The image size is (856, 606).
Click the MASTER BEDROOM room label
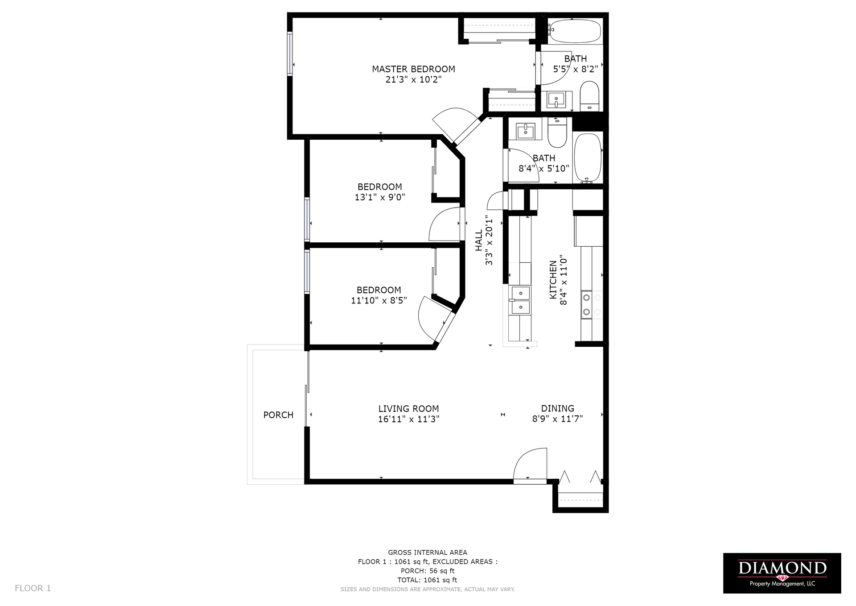pyautogui.click(x=413, y=69)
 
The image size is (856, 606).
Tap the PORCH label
pyautogui.click(x=278, y=415)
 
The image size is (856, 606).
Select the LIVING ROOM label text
pyautogui.click(x=408, y=409)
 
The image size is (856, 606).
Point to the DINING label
pyautogui.click(x=557, y=408)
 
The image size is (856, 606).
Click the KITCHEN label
pyautogui.click(x=553, y=280)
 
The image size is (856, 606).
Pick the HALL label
pyautogui.click(x=479, y=240)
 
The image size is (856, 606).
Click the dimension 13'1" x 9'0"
pyautogui.click(x=380, y=197)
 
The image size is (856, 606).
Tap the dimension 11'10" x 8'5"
pyautogui.click(x=379, y=300)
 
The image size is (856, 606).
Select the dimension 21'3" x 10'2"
pyautogui.click(x=413, y=79)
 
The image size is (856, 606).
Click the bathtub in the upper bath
pyautogui.click(x=574, y=31)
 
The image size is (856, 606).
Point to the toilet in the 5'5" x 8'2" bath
pyautogui.click(x=589, y=96)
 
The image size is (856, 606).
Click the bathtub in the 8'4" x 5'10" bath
pyautogui.click(x=588, y=158)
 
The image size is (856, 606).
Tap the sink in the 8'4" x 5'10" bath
pyautogui.click(x=526, y=131)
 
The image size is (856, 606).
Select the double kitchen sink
pyautogui.click(x=520, y=300)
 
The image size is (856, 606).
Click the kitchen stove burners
pyautogui.click(x=587, y=304)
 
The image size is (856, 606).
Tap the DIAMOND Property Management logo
pyautogui.click(x=782, y=573)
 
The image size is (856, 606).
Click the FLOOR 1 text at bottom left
pyautogui.click(x=33, y=588)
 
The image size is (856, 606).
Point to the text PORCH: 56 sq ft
pyautogui.click(x=428, y=571)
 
